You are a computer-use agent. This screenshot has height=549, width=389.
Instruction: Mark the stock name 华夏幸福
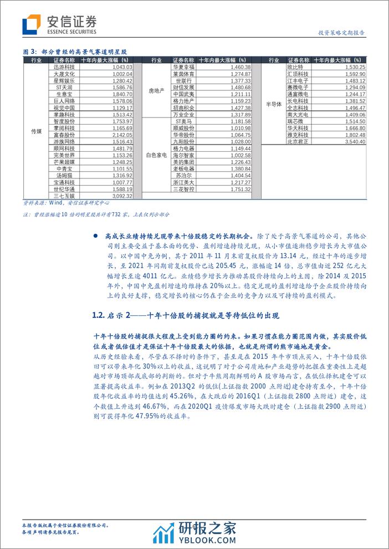[183, 67]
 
